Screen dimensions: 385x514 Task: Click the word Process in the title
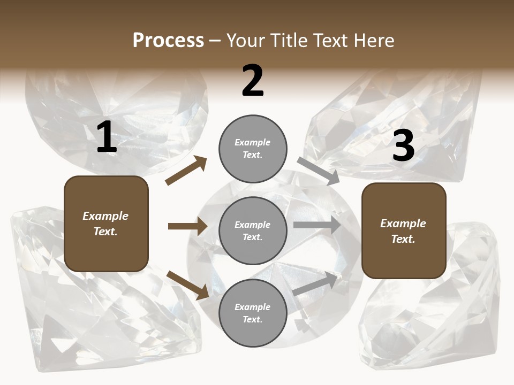[168, 40]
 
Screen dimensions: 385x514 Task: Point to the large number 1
[107, 138]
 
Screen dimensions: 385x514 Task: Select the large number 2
[253, 81]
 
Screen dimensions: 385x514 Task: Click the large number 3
[403, 146]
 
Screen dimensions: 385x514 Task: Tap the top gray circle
[253, 148]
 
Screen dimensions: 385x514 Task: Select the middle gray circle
[253, 230]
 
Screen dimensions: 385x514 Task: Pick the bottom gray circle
[253, 313]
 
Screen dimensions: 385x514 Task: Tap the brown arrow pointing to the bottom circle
[188, 284]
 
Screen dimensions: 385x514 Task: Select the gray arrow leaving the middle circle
[316, 225]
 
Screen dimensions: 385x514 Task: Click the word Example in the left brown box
[105, 216]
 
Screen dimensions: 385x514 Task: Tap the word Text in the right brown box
[403, 239]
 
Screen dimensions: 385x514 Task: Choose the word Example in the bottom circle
[252, 307]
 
